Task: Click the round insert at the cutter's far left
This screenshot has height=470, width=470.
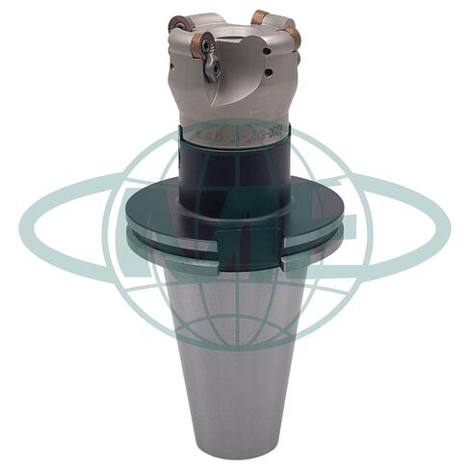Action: pyautogui.click(x=176, y=23)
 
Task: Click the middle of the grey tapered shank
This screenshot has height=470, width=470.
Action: pyautogui.click(x=235, y=347)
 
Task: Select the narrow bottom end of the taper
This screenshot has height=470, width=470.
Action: pyautogui.click(x=235, y=443)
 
